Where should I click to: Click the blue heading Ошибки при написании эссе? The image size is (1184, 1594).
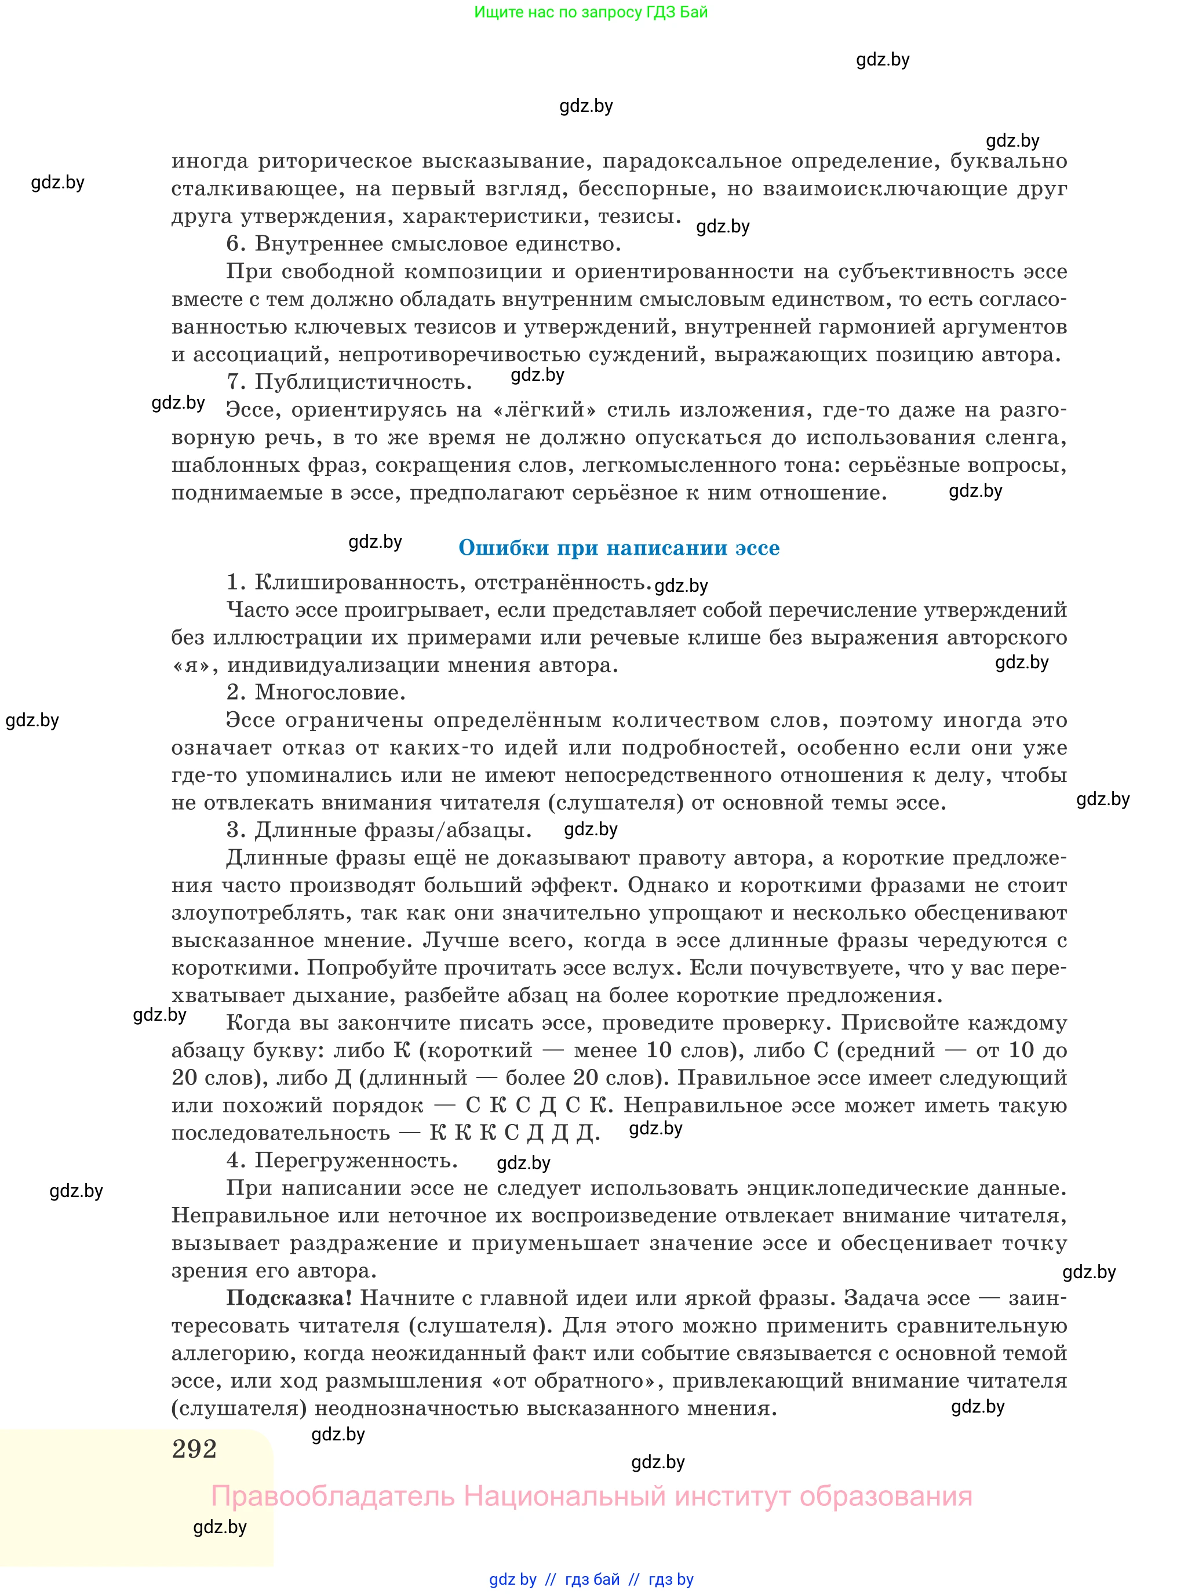coord(618,548)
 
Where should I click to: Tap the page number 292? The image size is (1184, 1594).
coord(194,1449)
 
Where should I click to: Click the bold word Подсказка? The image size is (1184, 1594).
coord(289,1298)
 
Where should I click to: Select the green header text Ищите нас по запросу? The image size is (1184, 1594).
coord(591,12)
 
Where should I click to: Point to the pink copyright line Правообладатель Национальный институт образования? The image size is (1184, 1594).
coord(591,1496)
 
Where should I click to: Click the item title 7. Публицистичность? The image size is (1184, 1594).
coord(349,382)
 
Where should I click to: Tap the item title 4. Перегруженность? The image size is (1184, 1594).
coord(342,1160)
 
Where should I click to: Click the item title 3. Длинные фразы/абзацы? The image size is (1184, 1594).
coord(379,830)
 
